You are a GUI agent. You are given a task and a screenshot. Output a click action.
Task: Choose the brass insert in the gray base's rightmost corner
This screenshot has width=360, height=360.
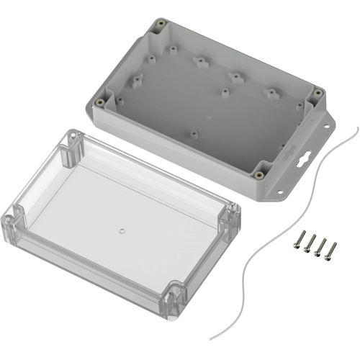point(317,93)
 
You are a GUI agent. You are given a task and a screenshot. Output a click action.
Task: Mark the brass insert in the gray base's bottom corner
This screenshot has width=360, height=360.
point(257,172)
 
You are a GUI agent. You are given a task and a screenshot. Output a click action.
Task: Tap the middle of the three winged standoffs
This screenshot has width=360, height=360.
point(233,76)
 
